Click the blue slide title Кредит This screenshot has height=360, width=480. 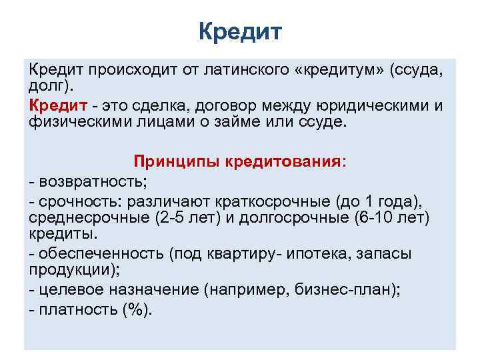(x=240, y=31)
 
